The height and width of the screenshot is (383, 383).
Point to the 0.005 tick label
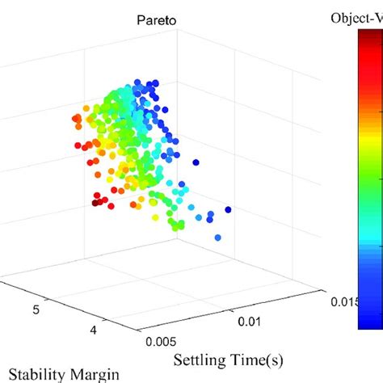[162, 341]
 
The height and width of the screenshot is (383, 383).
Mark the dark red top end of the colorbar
[370, 44]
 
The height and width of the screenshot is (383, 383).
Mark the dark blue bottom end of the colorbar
[370, 323]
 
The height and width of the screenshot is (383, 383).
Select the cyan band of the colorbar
[370, 234]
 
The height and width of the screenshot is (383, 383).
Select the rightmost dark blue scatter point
[229, 210]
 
